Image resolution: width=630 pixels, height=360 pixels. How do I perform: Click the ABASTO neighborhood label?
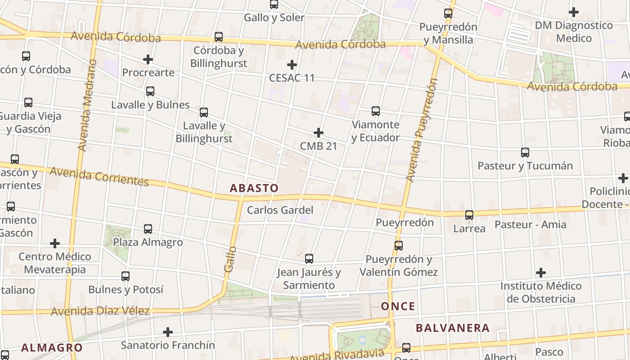(x=254, y=188)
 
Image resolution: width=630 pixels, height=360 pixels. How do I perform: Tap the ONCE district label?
(x=398, y=306)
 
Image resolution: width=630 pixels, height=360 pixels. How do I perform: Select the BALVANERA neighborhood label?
(x=452, y=328)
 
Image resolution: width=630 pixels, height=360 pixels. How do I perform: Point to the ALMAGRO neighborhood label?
(x=52, y=347)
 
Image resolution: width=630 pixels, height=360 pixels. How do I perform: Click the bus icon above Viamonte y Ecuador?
(x=375, y=111)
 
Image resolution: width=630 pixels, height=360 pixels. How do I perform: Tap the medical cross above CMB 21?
(x=319, y=133)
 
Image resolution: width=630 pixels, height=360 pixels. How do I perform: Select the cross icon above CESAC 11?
(x=292, y=65)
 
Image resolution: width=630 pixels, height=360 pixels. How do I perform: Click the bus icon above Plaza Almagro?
(x=148, y=229)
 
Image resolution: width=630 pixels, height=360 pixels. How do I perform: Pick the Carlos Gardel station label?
(x=280, y=210)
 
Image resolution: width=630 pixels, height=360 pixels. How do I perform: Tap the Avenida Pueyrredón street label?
(x=422, y=130)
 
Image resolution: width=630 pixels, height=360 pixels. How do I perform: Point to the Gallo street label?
(x=230, y=259)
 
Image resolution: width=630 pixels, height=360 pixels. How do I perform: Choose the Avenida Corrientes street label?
(x=99, y=176)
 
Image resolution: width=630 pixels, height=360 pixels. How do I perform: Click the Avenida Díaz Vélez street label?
(x=100, y=311)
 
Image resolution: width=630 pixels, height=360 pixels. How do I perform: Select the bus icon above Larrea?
(x=469, y=215)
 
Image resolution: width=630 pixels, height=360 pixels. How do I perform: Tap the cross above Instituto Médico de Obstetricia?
(x=541, y=273)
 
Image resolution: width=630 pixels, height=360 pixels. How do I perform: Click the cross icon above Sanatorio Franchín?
(x=168, y=332)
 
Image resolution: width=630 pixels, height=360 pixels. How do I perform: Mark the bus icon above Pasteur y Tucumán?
(x=525, y=153)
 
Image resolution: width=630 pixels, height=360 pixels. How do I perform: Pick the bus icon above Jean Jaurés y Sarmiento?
(x=309, y=259)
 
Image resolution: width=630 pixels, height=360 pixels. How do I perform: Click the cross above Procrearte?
(x=148, y=59)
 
